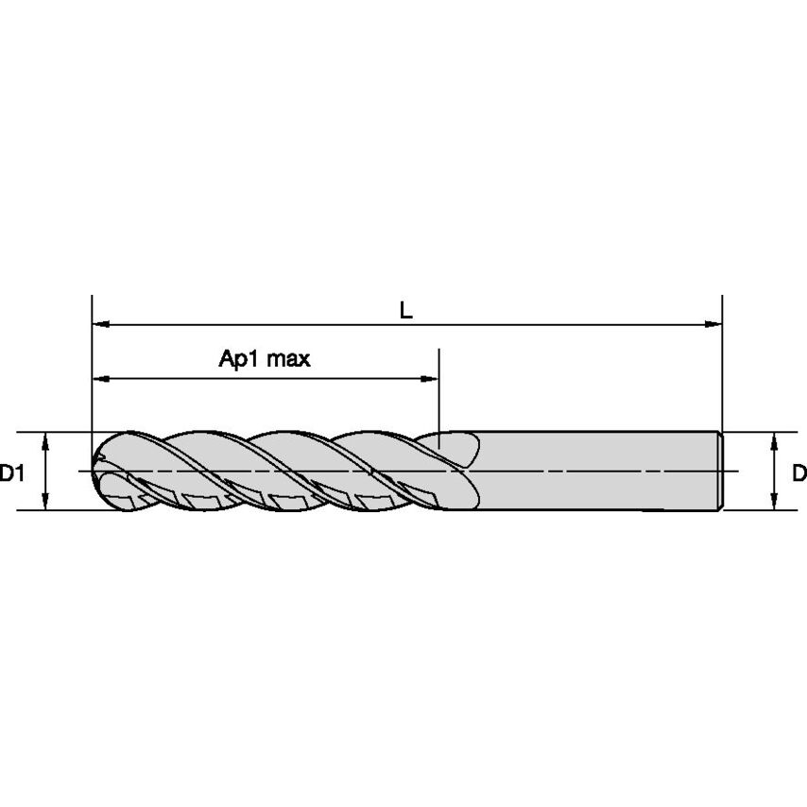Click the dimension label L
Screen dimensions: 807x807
coord(405,310)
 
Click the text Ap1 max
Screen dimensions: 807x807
coord(265,359)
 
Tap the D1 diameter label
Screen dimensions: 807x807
coord(12,472)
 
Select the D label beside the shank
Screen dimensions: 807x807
coord(798,472)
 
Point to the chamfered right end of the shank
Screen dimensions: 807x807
coord(722,471)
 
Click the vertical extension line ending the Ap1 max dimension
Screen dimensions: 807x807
coord(439,397)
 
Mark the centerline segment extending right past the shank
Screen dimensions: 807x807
coord(733,471)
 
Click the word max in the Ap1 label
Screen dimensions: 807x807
coord(288,359)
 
